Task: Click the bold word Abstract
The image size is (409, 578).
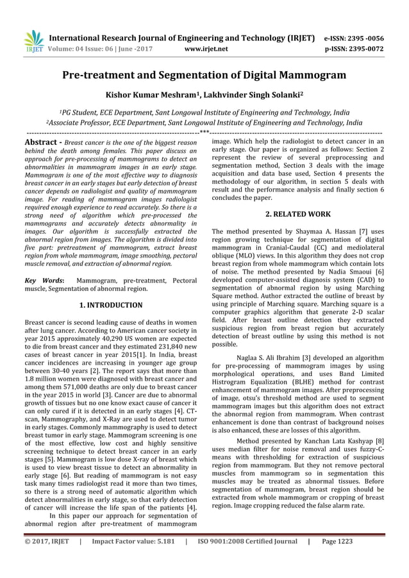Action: tap(42, 142)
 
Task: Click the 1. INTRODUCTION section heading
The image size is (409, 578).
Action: tap(110, 305)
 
